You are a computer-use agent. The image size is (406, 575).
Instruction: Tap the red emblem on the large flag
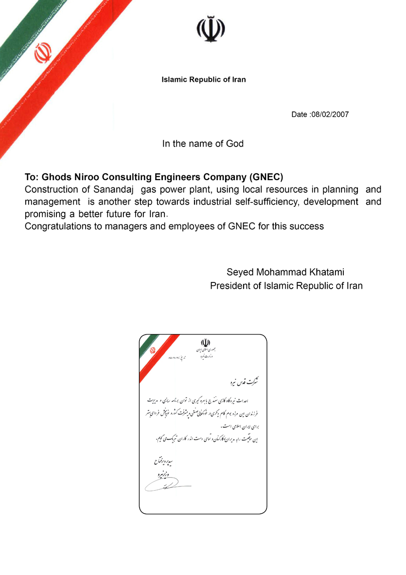coord(43,53)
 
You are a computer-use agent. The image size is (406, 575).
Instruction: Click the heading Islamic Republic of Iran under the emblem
coord(204,79)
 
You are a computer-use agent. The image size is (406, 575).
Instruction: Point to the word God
coord(235,144)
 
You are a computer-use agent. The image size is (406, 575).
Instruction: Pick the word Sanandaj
coord(115,189)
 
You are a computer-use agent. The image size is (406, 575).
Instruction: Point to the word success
coord(308,226)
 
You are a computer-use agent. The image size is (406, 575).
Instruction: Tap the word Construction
coord(52,189)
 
